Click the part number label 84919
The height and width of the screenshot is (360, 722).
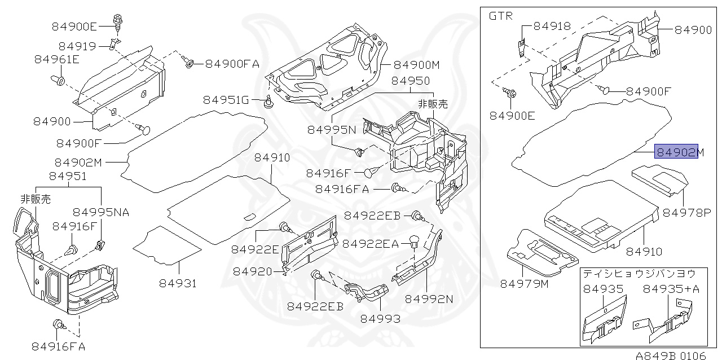pyautogui.click(x=77, y=46)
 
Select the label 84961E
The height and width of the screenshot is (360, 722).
pyautogui.click(x=56, y=59)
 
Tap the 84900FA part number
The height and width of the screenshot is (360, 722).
pyautogui.click(x=232, y=64)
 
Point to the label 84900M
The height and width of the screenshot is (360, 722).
pyautogui.click(x=416, y=65)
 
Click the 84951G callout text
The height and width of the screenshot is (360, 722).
pyautogui.click(x=226, y=100)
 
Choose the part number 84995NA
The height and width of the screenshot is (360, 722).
pyautogui.click(x=101, y=212)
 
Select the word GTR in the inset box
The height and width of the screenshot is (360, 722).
pyautogui.click(x=501, y=16)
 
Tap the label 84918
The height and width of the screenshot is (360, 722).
pyautogui.click(x=552, y=26)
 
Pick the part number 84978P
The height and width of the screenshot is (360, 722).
pyautogui.click(x=687, y=213)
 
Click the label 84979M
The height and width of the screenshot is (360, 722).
pyautogui.click(x=524, y=283)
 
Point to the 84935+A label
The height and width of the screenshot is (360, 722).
pyautogui.click(x=671, y=289)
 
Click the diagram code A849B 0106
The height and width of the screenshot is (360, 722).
pyautogui.click(x=670, y=355)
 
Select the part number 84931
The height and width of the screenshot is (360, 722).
pyautogui.click(x=178, y=283)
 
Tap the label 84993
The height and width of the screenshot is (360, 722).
pyautogui.click(x=381, y=318)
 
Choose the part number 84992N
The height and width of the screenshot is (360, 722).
pyautogui.click(x=429, y=298)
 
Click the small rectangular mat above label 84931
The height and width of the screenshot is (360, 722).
pyautogui.click(x=167, y=244)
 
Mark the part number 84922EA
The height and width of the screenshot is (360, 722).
pyautogui.click(x=371, y=244)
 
